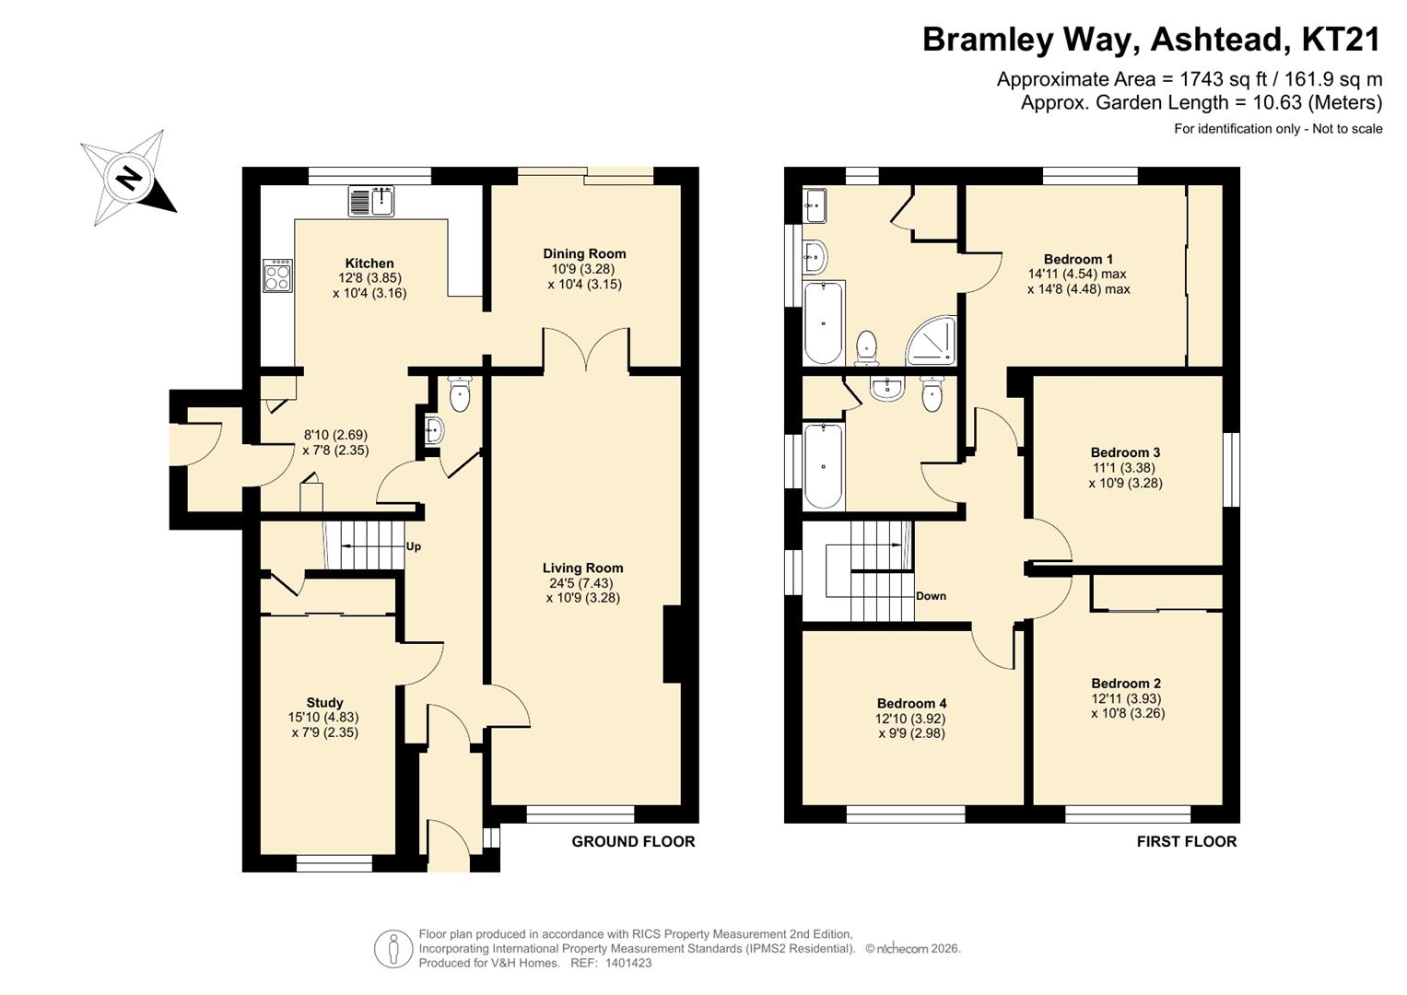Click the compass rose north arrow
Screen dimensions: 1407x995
click(129, 178)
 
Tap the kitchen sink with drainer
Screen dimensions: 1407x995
click(371, 201)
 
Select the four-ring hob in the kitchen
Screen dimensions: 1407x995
click(277, 276)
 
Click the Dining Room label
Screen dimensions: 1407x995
click(584, 253)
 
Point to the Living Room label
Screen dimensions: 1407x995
click(583, 568)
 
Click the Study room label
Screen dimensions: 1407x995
click(324, 702)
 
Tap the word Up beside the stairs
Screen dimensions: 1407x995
click(414, 546)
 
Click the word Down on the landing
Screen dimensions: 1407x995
click(931, 595)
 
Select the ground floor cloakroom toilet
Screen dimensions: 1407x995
click(461, 394)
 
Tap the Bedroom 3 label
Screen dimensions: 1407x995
click(1125, 452)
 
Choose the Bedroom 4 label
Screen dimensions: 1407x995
click(911, 704)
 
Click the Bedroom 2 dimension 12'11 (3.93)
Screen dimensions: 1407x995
click(1126, 698)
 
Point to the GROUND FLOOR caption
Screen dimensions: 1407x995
click(633, 842)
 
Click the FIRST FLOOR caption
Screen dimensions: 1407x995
click(1187, 842)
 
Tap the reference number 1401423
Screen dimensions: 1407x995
click(628, 963)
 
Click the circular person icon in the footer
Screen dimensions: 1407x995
click(393, 949)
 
